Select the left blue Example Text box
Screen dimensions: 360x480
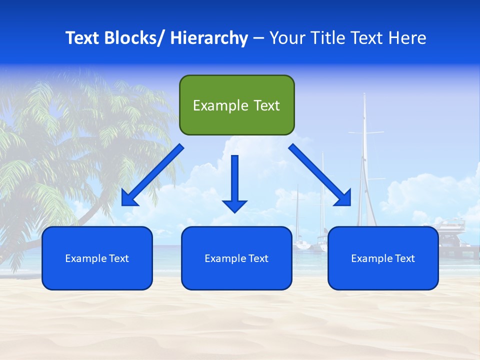pyautogui.click(x=97, y=258)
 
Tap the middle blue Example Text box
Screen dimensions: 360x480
pyautogui.click(x=236, y=258)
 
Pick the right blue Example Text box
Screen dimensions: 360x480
pyautogui.click(x=383, y=258)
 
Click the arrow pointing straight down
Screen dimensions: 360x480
pyautogui.click(x=234, y=180)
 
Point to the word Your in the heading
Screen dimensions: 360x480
pyautogui.click(x=285, y=38)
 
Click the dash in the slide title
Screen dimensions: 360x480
pyautogui.click(x=258, y=38)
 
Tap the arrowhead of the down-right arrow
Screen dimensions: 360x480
pyautogui.click(x=344, y=199)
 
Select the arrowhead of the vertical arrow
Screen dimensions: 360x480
pyautogui.click(x=234, y=205)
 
